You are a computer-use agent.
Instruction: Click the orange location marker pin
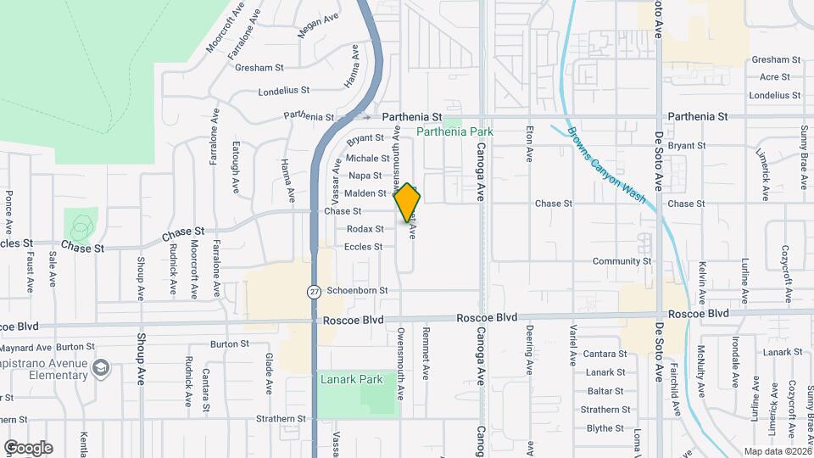click(408, 203)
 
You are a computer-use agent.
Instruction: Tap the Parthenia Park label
click(454, 131)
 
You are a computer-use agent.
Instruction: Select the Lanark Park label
click(352, 379)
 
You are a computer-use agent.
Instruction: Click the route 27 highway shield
click(314, 291)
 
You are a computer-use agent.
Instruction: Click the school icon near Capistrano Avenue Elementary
click(101, 366)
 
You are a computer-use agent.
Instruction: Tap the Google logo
click(28, 447)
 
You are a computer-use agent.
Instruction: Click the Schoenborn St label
click(357, 290)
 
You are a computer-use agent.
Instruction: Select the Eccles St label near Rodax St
click(364, 247)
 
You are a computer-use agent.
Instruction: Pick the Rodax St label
click(365, 229)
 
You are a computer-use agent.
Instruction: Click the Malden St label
click(365, 193)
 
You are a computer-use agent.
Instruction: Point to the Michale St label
click(367, 158)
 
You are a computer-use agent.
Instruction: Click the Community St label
click(622, 261)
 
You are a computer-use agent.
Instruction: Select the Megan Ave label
click(318, 25)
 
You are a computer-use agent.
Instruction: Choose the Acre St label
click(775, 77)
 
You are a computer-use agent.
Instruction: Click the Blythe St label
click(605, 428)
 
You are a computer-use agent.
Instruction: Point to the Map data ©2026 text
click(777, 451)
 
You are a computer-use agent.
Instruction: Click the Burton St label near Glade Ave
click(229, 344)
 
